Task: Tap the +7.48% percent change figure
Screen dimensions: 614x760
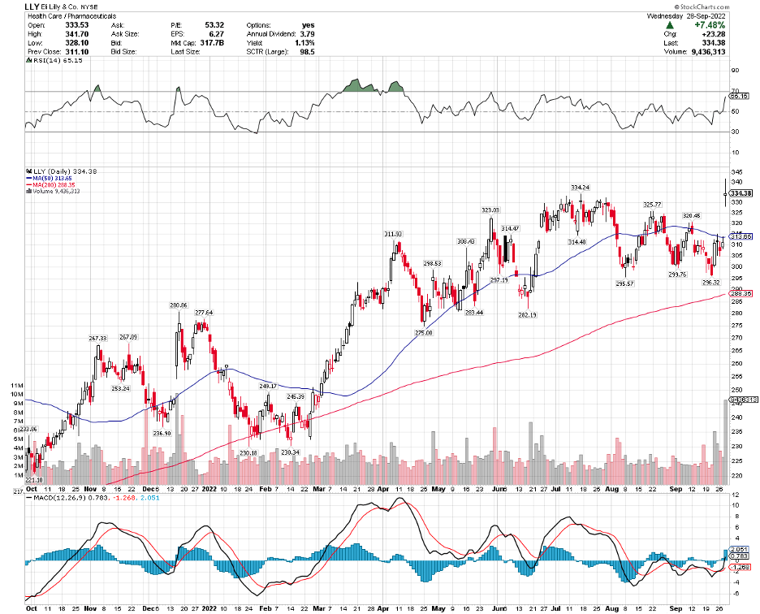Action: pyautogui.click(x=712, y=25)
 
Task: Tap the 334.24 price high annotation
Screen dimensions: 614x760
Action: pyautogui.click(x=580, y=188)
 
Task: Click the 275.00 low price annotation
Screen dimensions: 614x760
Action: pyautogui.click(x=423, y=332)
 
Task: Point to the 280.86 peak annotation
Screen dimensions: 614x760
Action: pyautogui.click(x=179, y=305)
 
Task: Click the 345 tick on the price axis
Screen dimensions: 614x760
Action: pyautogui.click(x=736, y=173)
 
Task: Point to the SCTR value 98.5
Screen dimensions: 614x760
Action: pyautogui.click(x=306, y=51)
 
